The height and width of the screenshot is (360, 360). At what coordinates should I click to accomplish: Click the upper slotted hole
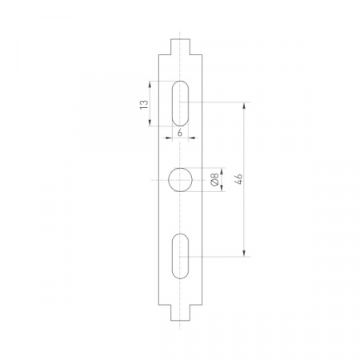(180, 102)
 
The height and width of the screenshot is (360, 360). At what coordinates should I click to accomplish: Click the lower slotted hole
(180, 256)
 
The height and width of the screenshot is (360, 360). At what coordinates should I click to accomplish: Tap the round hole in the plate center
(180, 180)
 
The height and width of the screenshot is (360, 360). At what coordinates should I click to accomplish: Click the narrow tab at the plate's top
(180, 46)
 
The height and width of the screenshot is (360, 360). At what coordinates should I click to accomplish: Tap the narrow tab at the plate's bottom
(180, 312)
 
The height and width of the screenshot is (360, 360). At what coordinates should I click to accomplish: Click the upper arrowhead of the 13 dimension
(150, 82)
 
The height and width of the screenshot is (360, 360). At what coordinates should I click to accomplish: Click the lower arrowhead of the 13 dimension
(150, 122)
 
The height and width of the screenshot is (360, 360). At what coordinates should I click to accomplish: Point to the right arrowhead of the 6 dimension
(190, 138)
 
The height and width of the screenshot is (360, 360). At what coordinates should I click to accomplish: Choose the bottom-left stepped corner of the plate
(168, 303)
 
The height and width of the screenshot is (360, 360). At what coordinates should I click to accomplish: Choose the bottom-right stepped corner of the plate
(192, 303)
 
